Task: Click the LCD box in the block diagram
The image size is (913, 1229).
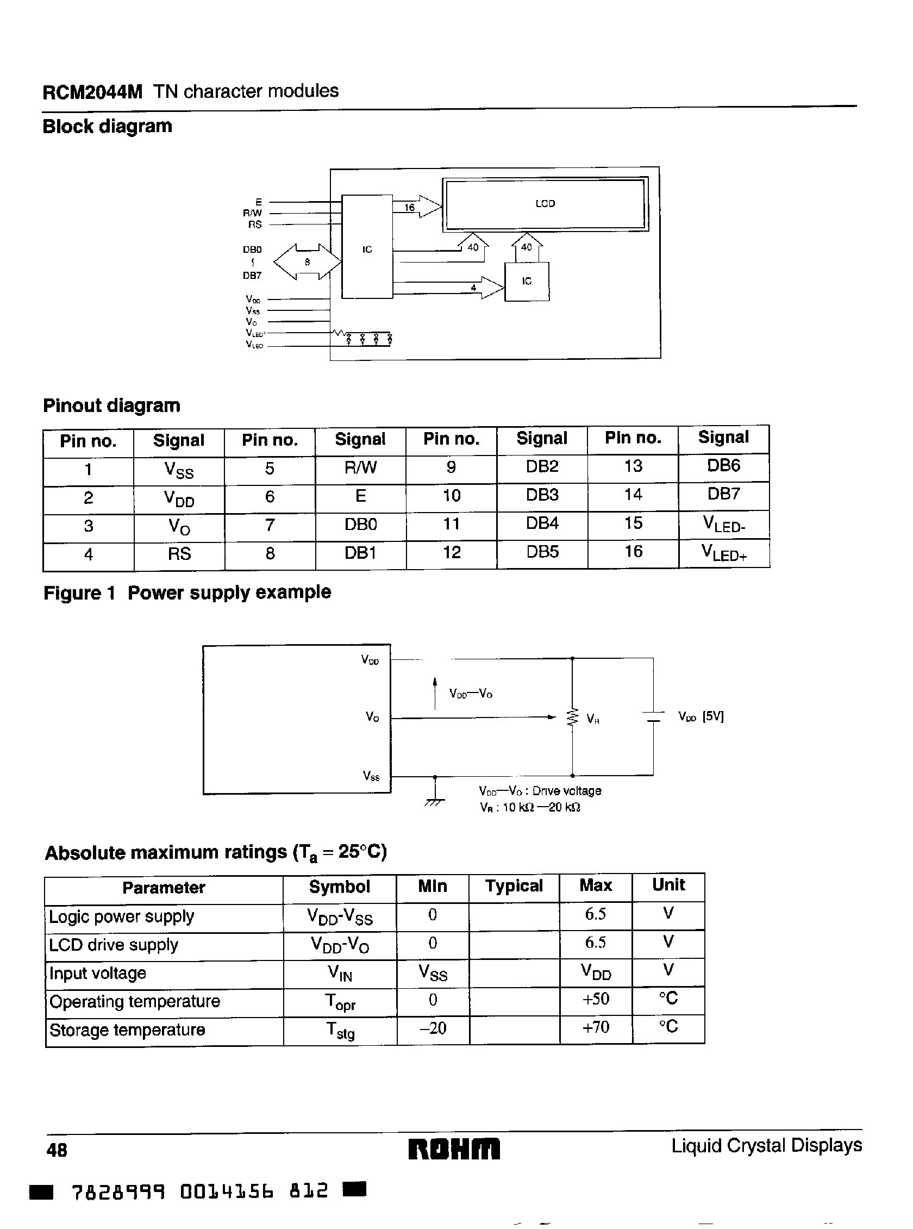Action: click(x=545, y=203)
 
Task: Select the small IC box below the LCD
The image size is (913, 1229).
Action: click(x=527, y=282)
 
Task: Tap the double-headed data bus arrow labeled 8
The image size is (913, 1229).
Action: click(x=307, y=262)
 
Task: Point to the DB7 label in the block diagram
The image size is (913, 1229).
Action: click(x=252, y=276)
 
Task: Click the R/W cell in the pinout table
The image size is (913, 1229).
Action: click(x=360, y=468)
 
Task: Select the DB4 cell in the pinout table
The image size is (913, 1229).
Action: click(x=542, y=523)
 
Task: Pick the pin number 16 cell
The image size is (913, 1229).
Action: click(x=633, y=552)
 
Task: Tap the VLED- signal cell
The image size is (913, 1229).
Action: click(x=723, y=523)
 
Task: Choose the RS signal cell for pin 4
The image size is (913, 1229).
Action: click(x=179, y=554)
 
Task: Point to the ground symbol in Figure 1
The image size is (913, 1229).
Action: click(x=435, y=800)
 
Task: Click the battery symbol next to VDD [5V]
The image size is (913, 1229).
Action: click(x=653, y=717)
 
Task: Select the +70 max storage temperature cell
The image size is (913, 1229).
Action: click(x=596, y=1027)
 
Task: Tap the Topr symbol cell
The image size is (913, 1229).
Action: click(x=340, y=1001)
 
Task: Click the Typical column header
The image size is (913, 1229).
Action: click(x=514, y=886)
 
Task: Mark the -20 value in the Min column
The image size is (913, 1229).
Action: click(x=433, y=1028)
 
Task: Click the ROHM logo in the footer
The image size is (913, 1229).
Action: click(x=454, y=1150)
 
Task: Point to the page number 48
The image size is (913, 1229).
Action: click(x=57, y=1151)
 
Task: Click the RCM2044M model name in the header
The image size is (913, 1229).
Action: click(x=92, y=92)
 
